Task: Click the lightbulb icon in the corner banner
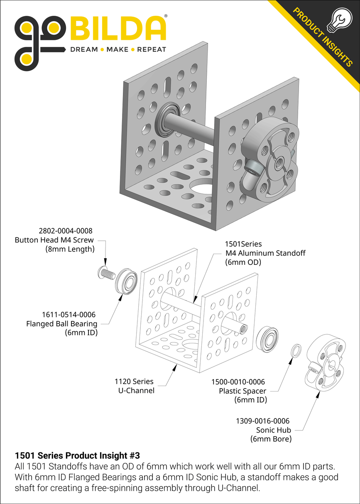(x=337, y=20)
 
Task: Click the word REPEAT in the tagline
(x=151, y=49)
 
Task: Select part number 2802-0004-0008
(x=65, y=230)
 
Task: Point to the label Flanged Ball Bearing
(x=61, y=323)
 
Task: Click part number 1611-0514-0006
(x=69, y=315)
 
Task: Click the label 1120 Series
(x=134, y=381)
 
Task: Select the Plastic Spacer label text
(x=242, y=391)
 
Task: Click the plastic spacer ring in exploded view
(x=295, y=350)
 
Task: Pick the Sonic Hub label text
(x=273, y=430)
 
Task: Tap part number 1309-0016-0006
(x=262, y=421)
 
